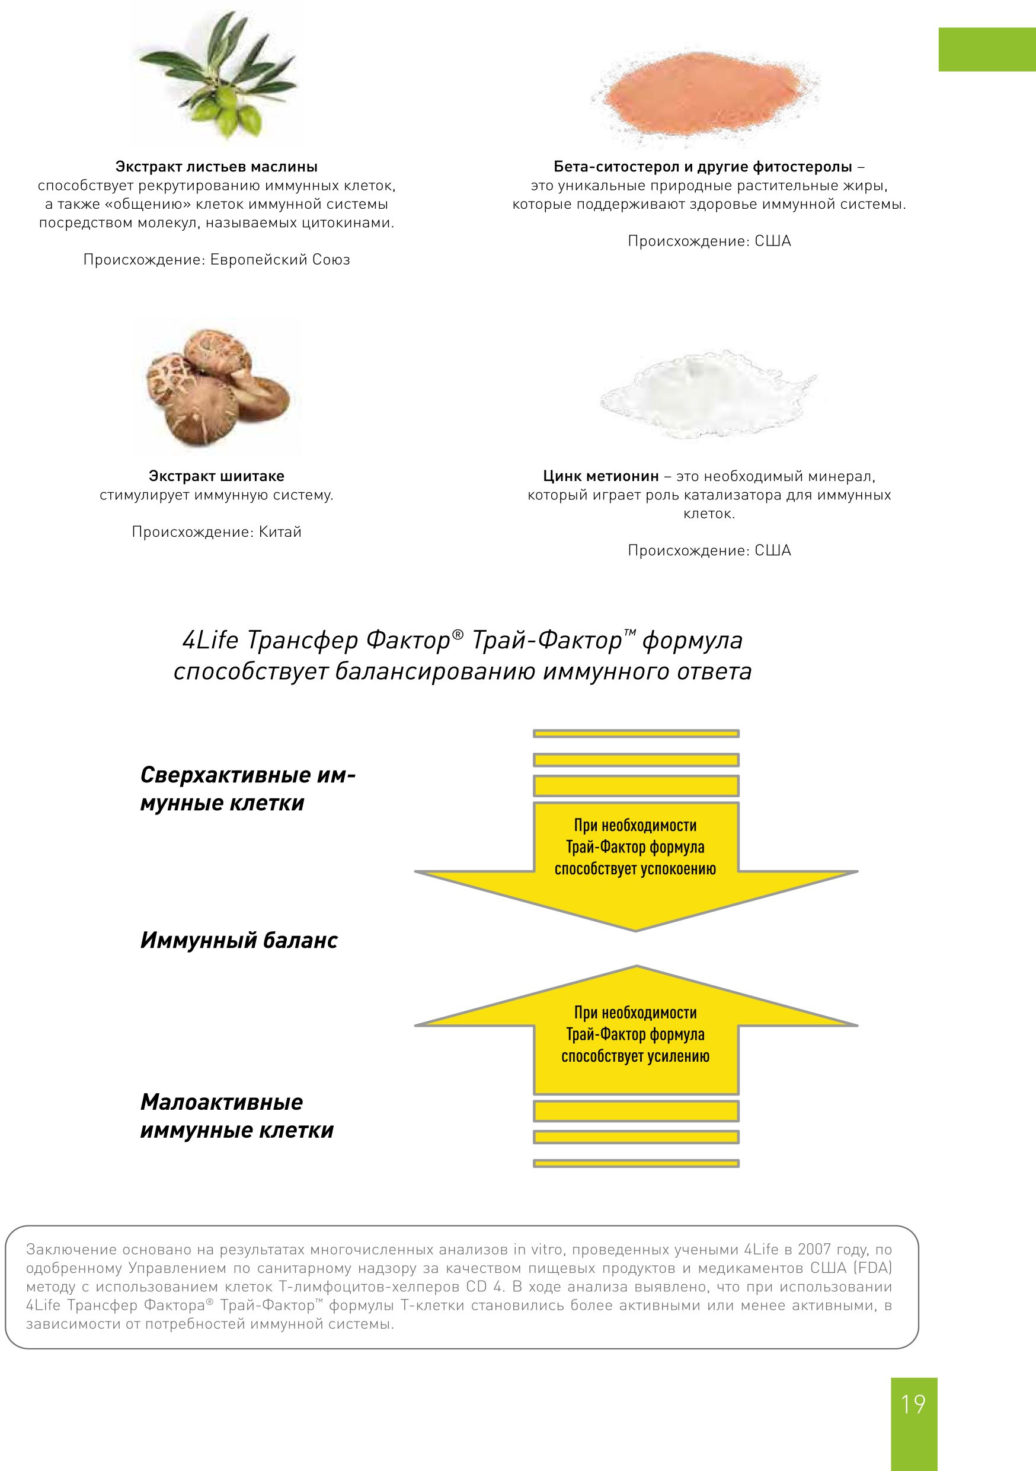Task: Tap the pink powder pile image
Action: (704, 95)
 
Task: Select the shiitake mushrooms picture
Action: (218, 387)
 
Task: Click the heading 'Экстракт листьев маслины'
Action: (216, 167)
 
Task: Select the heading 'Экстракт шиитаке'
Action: (216, 476)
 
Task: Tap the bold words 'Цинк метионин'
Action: (600, 476)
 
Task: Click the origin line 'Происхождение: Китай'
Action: (216, 532)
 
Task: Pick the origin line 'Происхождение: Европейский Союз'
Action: (216, 259)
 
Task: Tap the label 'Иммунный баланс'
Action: (239, 940)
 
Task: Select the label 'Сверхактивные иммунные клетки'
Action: (247, 789)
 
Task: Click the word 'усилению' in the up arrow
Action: (680, 1056)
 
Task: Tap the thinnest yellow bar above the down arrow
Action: (636, 734)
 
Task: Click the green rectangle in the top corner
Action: (987, 49)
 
